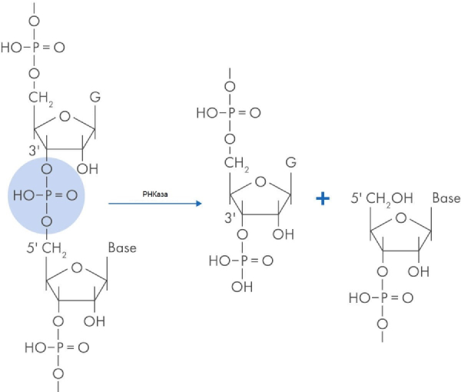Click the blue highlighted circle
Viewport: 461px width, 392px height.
tap(45, 197)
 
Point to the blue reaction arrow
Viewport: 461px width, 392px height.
tap(154, 204)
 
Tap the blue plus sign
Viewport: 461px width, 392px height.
tap(323, 198)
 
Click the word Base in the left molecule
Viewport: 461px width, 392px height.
tap(121, 248)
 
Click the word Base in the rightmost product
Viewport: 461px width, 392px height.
tap(446, 198)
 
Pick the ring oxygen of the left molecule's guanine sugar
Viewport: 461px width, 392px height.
tap(63, 117)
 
